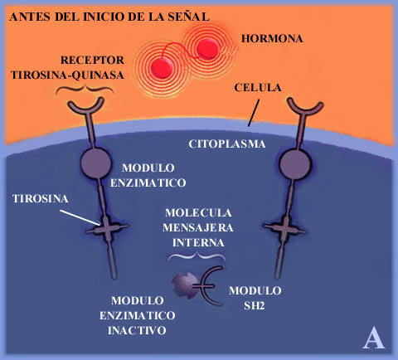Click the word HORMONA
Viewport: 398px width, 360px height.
click(x=272, y=39)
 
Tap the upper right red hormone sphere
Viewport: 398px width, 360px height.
click(x=207, y=48)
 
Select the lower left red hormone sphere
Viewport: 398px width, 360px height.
click(x=162, y=67)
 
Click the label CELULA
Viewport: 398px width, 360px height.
click(x=258, y=88)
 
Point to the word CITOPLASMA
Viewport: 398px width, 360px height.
click(x=227, y=144)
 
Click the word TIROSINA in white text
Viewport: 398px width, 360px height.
click(x=41, y=199)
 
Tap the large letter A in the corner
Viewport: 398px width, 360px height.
click(x=374, y=338)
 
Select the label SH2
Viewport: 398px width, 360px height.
click(x=255, y=306)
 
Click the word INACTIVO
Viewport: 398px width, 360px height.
click(x=137, y=330)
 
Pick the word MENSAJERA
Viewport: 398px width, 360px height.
click(x=198, y=228)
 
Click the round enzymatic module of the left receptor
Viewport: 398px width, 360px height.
click(x=95, y=163)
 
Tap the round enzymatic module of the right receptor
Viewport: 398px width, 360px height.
click(x=295, y=164)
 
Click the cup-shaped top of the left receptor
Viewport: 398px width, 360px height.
click(x=86, y=106)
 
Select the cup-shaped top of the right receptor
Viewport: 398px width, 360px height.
click(x=305, y=107)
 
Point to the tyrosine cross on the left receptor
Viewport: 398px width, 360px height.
click(x=107, y=229)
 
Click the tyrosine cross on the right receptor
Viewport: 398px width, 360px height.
click(x=284, y=229)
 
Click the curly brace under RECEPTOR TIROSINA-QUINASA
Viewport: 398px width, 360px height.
click(x=85, y=89)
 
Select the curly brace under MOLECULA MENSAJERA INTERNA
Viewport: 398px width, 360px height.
click(x=197, y=257)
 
